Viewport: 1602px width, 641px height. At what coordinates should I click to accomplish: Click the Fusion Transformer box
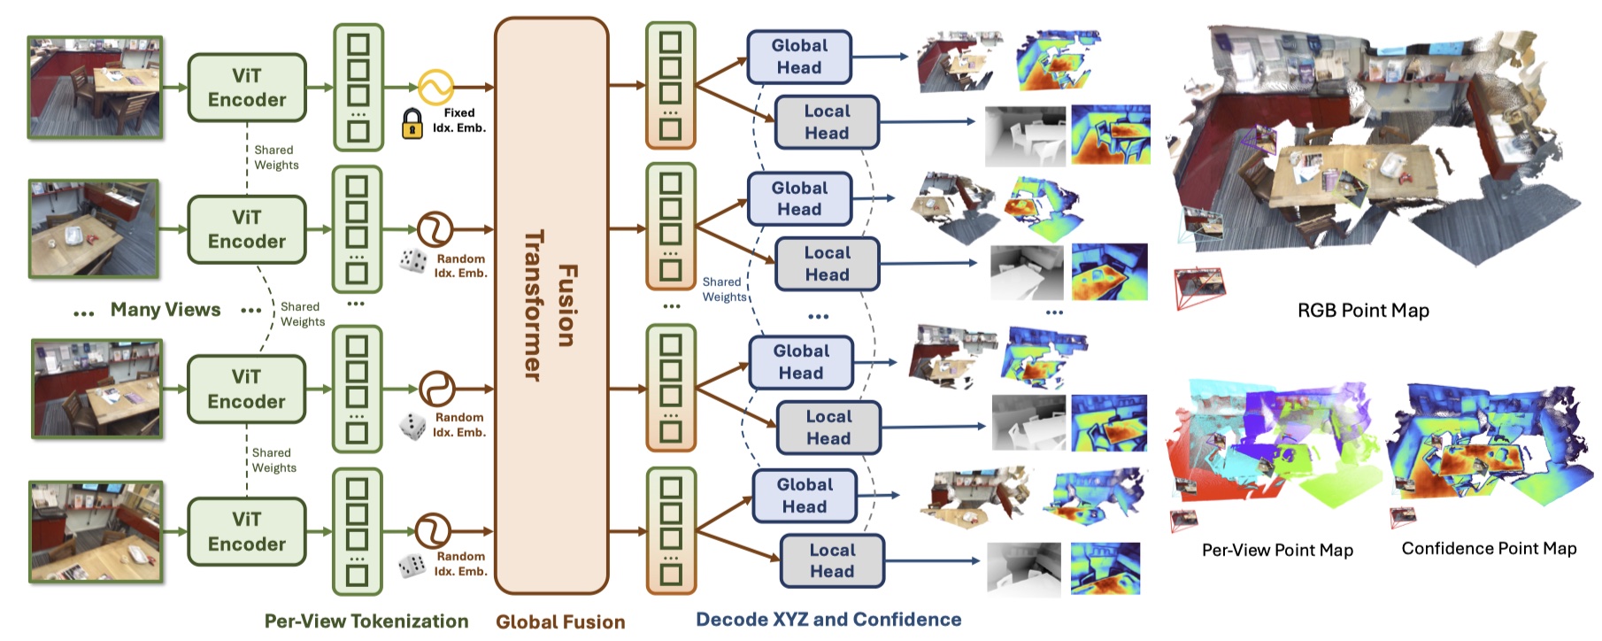tap(551, 305)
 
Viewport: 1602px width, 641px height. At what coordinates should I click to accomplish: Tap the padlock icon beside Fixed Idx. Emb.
tap(412, 124)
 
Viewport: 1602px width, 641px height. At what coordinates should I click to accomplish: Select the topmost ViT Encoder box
tap(247, 88)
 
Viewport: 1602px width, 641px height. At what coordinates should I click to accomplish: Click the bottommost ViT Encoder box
tap(247, 531)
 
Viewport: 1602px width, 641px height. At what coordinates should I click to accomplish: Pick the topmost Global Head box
tap(799, 57)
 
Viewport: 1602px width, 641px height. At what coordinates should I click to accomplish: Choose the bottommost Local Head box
tap(832, 560)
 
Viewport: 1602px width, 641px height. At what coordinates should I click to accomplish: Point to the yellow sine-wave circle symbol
tap(435, 87)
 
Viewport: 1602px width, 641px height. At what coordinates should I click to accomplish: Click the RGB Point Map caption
tap(1363, 311)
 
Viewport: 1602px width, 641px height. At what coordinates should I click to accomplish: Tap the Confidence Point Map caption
tap(1489, 549)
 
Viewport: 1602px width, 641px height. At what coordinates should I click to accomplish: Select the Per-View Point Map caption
tap(1277, 550)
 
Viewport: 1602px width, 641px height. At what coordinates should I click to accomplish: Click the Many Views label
tap(166, 310)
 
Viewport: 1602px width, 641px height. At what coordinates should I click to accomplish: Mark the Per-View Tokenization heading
tap(366, 622)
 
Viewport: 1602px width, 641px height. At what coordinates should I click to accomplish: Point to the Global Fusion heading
tap(560, 622)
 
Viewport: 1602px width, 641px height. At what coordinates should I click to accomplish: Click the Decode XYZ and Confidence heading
tap(828, 620)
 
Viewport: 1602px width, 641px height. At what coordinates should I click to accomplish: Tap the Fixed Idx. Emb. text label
tap(459, 120)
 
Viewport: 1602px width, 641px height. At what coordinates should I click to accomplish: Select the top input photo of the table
tap(95, 87)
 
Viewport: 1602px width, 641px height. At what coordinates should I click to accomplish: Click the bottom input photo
tap(96, 531)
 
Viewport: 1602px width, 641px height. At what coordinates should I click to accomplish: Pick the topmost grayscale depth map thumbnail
tap(1025, 135)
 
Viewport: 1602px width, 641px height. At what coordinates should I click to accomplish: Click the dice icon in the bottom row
tap(412, 565)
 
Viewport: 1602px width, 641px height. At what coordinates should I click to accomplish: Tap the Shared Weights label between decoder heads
tap(724, 290)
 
